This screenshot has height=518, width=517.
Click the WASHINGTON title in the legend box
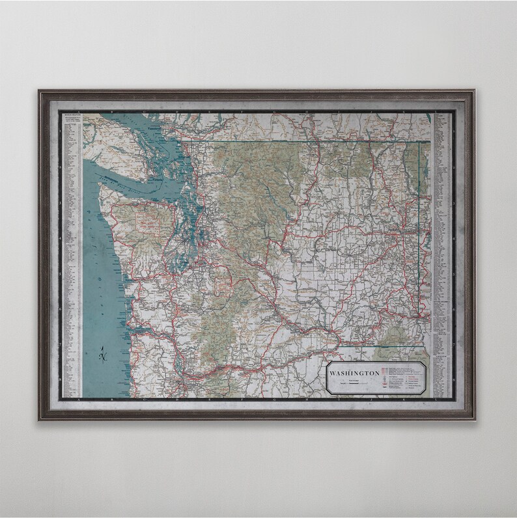[x=355, y=373]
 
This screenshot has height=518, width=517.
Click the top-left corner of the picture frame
[x=39, y=91]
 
